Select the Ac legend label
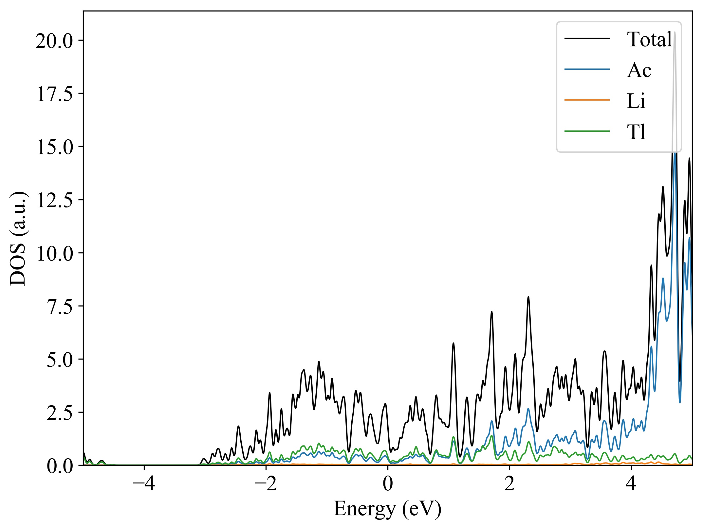(x=639, y=70)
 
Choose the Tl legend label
(x=636, y=132)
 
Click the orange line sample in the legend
(x=587, y=100)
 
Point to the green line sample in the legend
(x=587, y=131)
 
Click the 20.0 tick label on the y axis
(x=54, y=41)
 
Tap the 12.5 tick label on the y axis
(x=54, y=200)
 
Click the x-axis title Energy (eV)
(x=387, y=509)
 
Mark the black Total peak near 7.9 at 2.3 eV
(x=528, y=297)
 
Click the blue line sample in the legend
(x=587, y=69)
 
